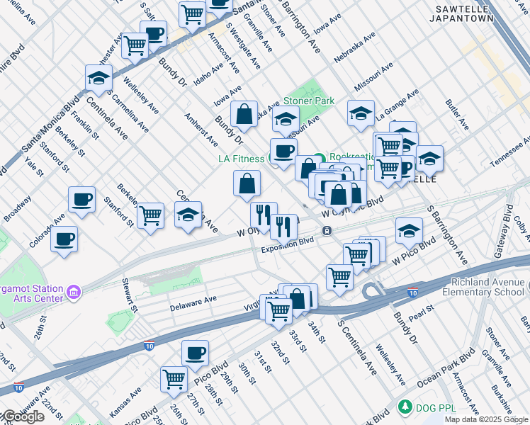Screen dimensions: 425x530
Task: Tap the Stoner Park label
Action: click(x=308, y=101)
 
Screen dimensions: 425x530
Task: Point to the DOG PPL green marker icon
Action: click(x=405, y=407)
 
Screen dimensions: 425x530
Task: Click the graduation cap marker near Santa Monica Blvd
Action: click(x=98, y=78)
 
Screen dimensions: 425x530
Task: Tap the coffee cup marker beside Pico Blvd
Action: click(x=195, y=352)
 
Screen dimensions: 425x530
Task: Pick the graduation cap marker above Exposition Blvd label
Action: click(x=409, y=230)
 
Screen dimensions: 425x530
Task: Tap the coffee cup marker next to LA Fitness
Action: click(x=283, y=151)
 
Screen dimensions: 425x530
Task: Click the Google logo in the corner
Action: click(x=23, y=416)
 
